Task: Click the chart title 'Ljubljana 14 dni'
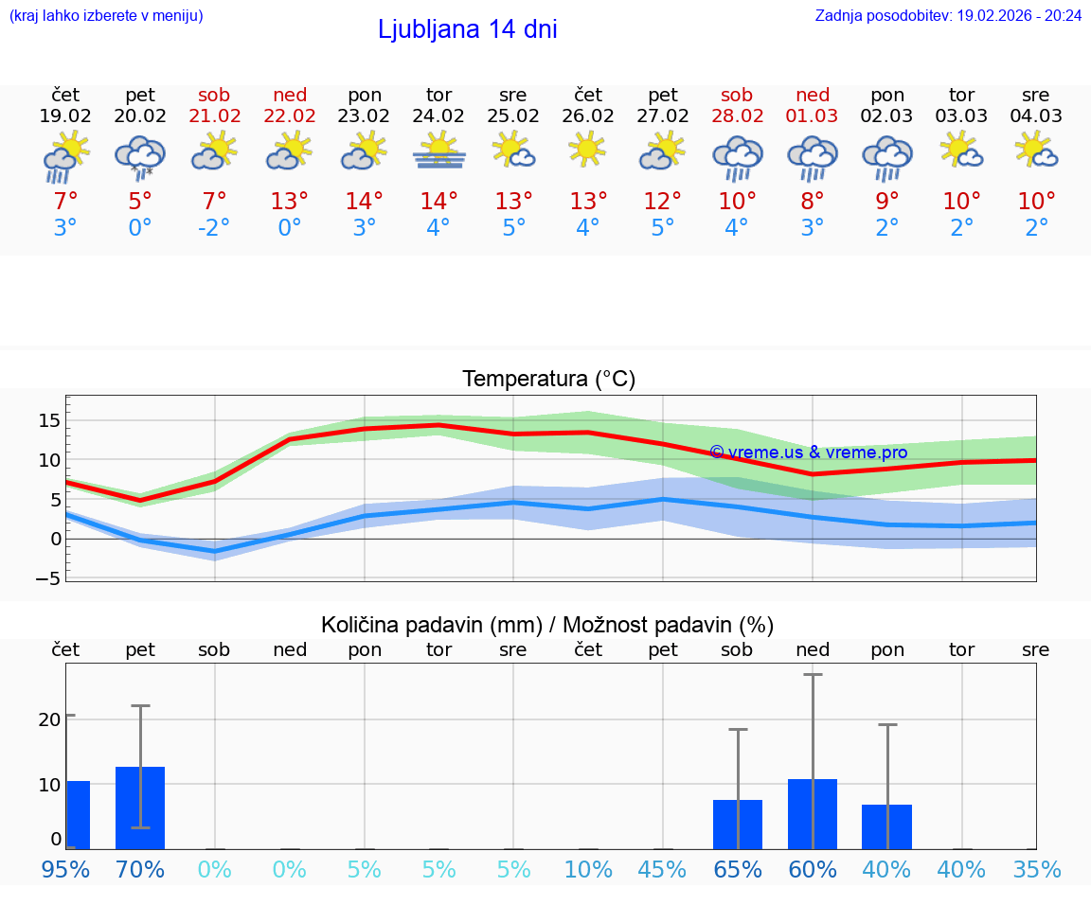point(467,29)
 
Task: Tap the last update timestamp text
point(948,15)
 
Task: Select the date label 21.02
point(214,116)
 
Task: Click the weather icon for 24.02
point(438,151)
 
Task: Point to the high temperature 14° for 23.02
point(365,202)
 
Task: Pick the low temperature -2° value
point(214,228)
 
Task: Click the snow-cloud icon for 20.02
point(140,156)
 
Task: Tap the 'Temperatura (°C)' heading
point(548,380)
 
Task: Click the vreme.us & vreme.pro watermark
point(808,453)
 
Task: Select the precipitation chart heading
point(547,625)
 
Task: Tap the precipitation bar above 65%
point(737,825)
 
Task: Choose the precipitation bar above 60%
point(812,814)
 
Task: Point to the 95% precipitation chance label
point(65,869)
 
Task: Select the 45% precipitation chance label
point(662,869)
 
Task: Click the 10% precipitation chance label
point(588,869)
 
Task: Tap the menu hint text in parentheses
point(106,15)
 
